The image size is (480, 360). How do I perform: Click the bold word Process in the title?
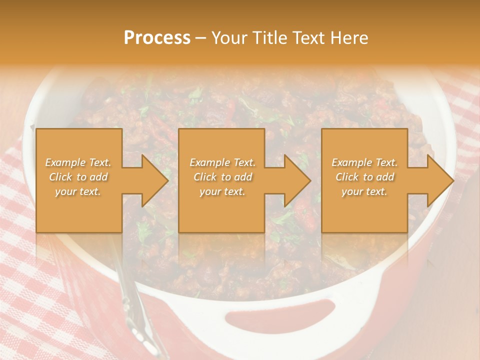pos(157,38)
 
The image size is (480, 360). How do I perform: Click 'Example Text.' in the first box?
pos(78,162)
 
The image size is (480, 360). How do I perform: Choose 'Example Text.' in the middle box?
pos(222,162)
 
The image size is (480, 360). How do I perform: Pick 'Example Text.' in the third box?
pos(364,162)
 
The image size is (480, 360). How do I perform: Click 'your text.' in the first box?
pos(78,191)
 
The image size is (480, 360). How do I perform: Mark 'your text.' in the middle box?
pos(222,191)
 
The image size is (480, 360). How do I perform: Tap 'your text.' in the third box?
pos(364,191)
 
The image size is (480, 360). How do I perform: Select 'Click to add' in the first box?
pos(78,177)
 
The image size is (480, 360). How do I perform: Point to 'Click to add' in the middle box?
pos(222,177)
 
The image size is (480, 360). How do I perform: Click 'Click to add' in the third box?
pos(365,177)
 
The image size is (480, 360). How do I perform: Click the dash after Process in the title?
pos(200,38)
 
